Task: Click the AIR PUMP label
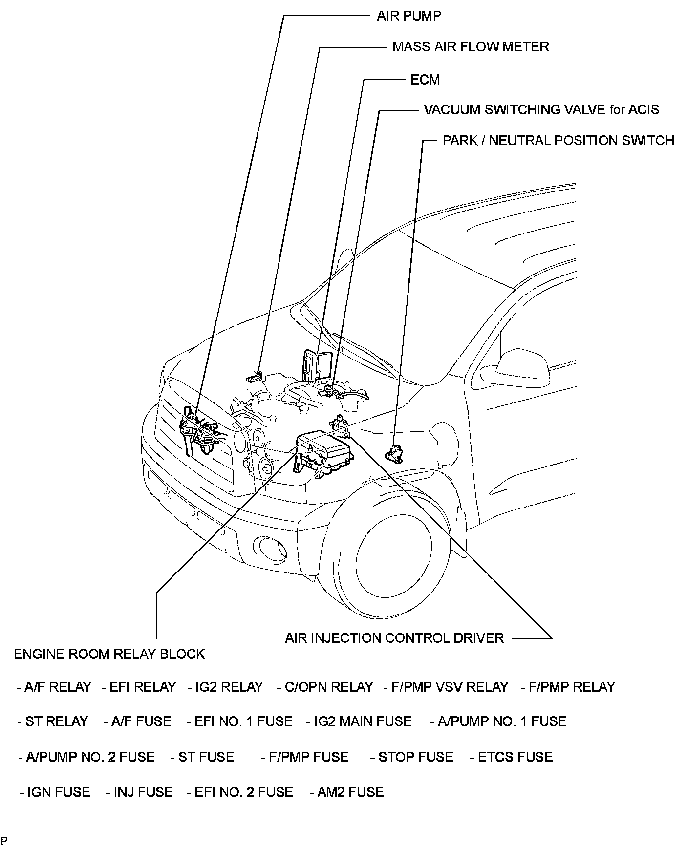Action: tap(408, 16)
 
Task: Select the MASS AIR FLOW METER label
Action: tap(470, 47)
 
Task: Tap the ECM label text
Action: tap(425, 80)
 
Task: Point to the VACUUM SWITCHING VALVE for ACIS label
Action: tap(541, 109)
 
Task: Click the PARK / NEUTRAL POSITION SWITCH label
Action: tap(558, 141)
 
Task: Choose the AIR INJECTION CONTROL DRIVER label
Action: tap(394, 638)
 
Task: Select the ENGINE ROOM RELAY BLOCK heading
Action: tap(109, 654)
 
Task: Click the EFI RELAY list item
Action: tap(139, 687)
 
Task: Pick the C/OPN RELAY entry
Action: tap(325, 687)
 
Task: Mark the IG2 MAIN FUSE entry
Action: tap(359, 721)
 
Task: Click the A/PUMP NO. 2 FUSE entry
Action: tap(86, 757)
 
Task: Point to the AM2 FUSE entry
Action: tap(346, 792)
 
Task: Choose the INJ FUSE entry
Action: tap(139, 792)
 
